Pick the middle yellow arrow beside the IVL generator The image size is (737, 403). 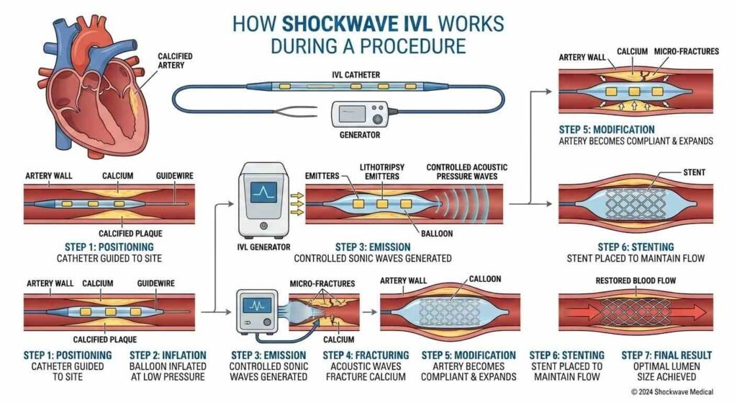tap(295, 203)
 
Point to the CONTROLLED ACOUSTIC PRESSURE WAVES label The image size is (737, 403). tap(466, 172)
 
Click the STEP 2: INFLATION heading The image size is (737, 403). tap(168, 355)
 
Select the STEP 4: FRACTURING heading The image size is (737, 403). tap(366, 355)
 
